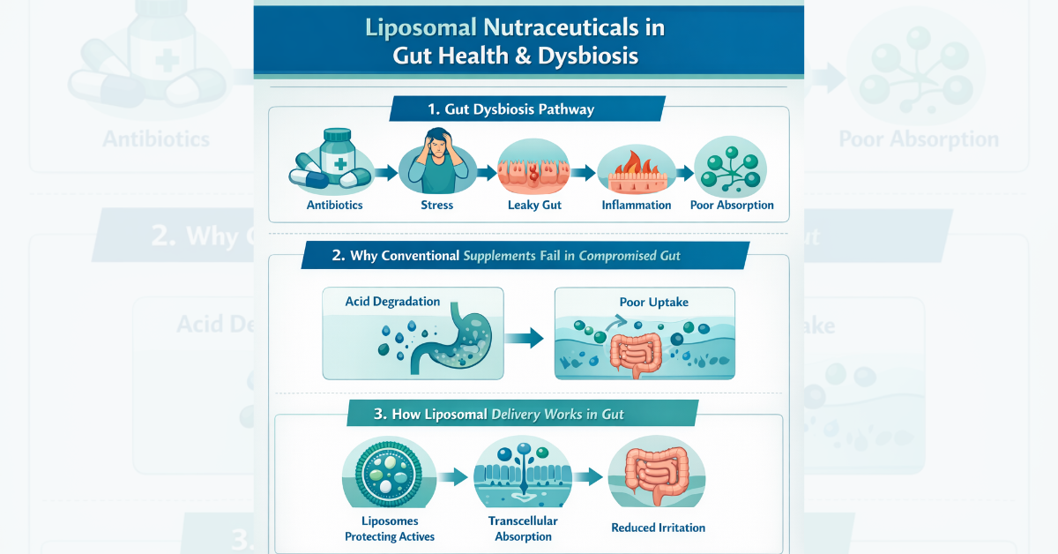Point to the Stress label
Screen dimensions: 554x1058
437,206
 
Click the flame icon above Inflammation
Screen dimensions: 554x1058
636,163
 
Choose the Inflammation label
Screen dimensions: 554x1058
637,206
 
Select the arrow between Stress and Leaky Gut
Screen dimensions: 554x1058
486,172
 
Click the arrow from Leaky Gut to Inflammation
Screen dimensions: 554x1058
582,172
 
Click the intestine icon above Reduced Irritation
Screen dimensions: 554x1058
657,476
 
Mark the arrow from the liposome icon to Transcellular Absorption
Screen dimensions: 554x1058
453,477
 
